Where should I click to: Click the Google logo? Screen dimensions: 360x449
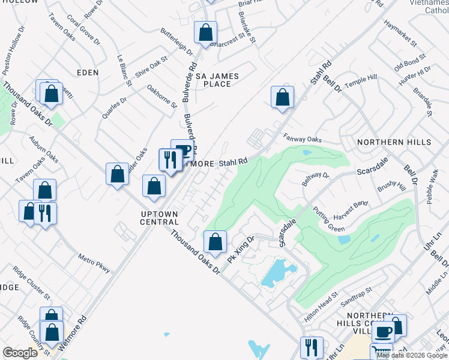pyautogui.click(x=20, y=353)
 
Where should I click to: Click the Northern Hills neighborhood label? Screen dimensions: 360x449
pyautogui.click(x=394, y=142)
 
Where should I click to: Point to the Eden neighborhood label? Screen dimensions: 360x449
pyautogui.click(x=87, y=72)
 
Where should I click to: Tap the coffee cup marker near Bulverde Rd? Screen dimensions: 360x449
pyautogui.click(x=181, y=149)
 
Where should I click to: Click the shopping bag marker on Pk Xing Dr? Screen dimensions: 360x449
pyautogui.click(x=215, y=242)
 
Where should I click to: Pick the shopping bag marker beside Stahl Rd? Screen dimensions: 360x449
pyautogui.click(x=282, y=97)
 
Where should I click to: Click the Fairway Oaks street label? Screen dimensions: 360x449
pyautogui.click(x=303, y=139)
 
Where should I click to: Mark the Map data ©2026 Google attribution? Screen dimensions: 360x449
pyautogui.click(x=412, y=355)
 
